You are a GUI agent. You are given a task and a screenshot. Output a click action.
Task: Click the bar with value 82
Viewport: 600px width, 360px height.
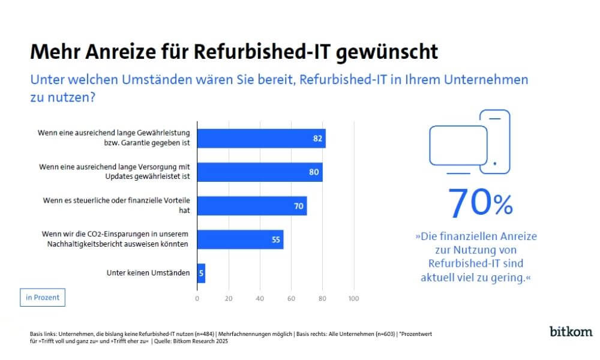click(261, 139)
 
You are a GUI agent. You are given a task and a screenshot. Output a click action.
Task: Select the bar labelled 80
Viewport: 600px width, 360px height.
click(259, 172)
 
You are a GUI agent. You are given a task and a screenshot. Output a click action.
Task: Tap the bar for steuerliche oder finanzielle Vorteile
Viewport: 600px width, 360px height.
click(251, 206)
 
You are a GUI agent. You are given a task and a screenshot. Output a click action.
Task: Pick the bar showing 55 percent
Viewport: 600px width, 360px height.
click(240, 239)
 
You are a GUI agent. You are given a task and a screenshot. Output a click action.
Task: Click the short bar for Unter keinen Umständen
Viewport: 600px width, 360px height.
click(201, 273)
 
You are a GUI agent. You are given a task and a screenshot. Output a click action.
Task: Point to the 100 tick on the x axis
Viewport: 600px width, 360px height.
click(353, 298)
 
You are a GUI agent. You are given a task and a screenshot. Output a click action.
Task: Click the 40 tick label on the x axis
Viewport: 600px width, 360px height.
click(260, 298)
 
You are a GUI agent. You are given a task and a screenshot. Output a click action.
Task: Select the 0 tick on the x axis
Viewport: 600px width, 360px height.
click(197, 298)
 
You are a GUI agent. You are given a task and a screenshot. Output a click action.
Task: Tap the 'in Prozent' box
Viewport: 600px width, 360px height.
click(42, 298)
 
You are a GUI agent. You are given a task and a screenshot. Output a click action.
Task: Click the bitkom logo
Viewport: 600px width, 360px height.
click(571, 331)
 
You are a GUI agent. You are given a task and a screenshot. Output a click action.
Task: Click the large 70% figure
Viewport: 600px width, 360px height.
click(480, 203)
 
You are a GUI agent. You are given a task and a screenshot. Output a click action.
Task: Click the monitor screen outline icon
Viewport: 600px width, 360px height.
click(458, 146)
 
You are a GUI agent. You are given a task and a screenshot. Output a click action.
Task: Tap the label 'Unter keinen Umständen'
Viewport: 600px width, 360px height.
click(148, 273)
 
